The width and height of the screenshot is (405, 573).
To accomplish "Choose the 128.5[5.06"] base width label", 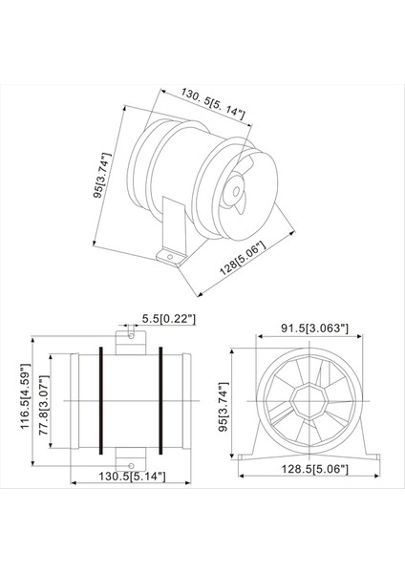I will tap(308, 470).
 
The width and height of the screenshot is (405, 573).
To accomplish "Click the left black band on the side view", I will tap(98, 401).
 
